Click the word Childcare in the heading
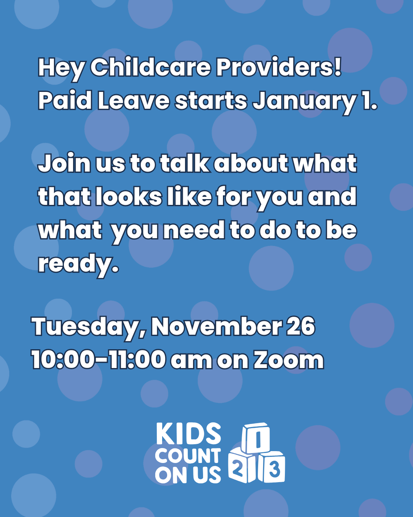tap(150, 68)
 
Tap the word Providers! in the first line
tap(279, 68)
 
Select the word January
tap(304, 101)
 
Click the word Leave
tap(133, 101)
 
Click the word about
tap(251, 164)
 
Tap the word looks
tap(129, 197)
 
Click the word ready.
tap(78, 264)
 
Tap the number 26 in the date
tap(301, 327)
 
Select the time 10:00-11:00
tap(98, 360)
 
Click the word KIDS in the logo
tap(189, 434)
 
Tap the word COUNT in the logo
tap(188, 456)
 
